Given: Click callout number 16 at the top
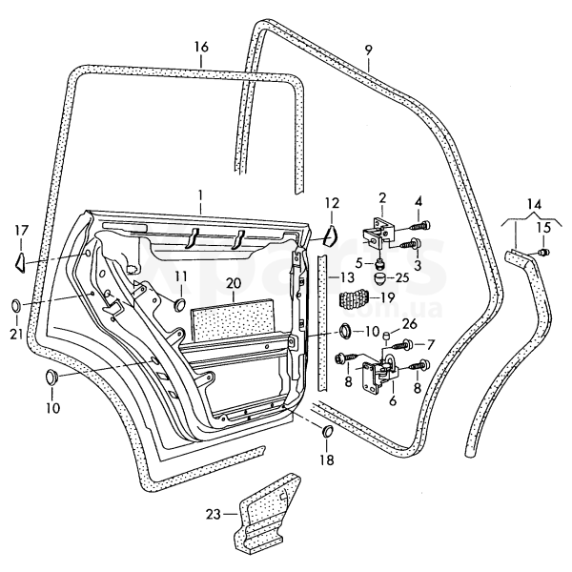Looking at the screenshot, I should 200,47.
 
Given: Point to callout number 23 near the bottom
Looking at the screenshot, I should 213,515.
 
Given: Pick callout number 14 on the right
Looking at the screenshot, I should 533,204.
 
